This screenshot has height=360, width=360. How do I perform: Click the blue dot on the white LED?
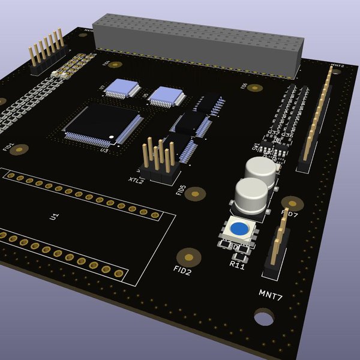[x=239, y=229]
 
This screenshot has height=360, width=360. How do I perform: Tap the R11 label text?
[x=238, y=265]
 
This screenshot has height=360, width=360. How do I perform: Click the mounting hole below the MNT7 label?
[x=263, y=317]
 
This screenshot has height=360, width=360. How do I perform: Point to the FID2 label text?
[x=182, y=271]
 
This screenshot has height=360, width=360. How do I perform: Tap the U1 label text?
[x=55, y=216]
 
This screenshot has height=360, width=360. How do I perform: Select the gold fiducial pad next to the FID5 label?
[x=194, y=193]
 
